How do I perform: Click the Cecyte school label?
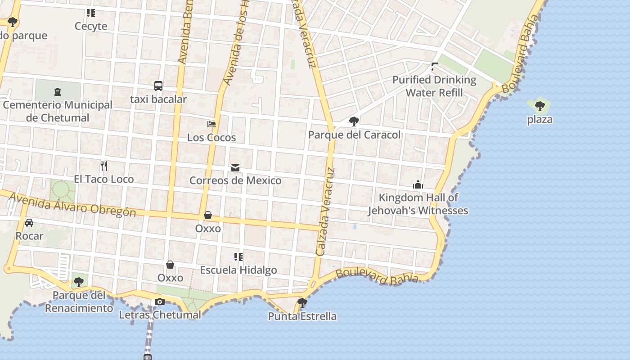point(91,26)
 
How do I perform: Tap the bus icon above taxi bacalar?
point(158,85)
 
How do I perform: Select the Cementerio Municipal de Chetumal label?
point(58,111)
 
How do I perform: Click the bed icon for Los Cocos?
point(211,124)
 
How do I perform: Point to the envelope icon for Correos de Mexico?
point(235,168)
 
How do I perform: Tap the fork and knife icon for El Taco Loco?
point(104,166)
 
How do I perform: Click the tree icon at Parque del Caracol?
point(354,121)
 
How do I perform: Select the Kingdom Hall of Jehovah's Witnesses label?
point(418,204)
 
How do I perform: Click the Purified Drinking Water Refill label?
point(434,86)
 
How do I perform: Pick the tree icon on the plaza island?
point(540,107)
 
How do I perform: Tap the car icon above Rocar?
point(29,223)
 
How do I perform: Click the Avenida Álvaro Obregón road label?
point(72,205)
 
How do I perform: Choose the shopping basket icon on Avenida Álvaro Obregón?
point(208,215)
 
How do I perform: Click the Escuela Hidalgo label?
point(238,270)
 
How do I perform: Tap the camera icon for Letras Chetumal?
point(160,301)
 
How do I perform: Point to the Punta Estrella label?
point(302,316)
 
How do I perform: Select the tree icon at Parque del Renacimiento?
point(79,282)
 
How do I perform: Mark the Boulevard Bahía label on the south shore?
point(377,276)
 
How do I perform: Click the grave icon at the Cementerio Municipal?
point(57,92)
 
